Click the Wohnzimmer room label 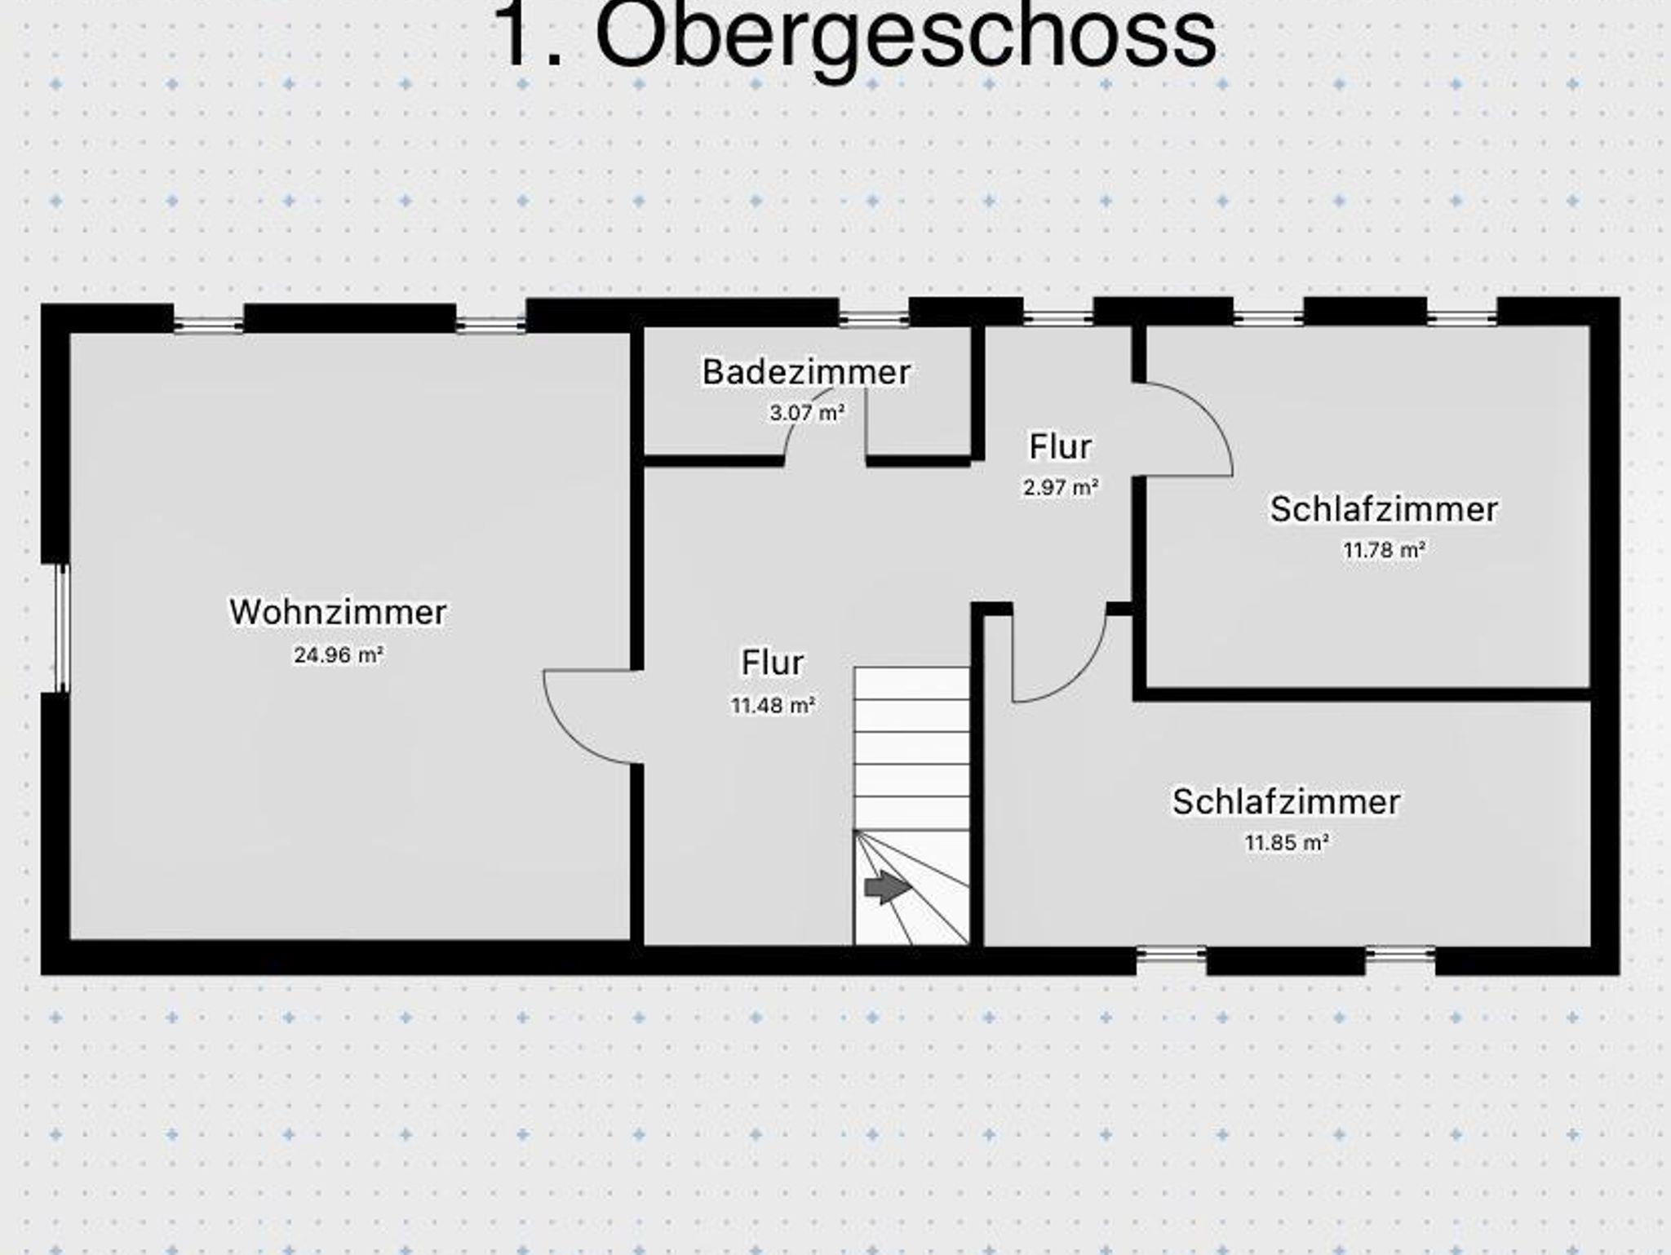tap(338, 612)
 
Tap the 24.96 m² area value tap(339, 654)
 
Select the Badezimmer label tap(806, 372)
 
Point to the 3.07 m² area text tap(806, 413)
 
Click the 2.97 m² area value tap(1061, 487)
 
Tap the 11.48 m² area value tap(773, 705)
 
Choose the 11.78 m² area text tap(1384, 550)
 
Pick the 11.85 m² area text tap(1286, 842)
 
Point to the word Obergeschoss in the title tap(906, 37)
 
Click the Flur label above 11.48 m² tap(772, 662)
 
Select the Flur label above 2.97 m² tap(1060, 446)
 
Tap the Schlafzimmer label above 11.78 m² tap(1384, 509)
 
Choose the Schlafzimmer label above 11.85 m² tap(1286, 801)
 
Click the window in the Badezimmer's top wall tap(874, 319)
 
